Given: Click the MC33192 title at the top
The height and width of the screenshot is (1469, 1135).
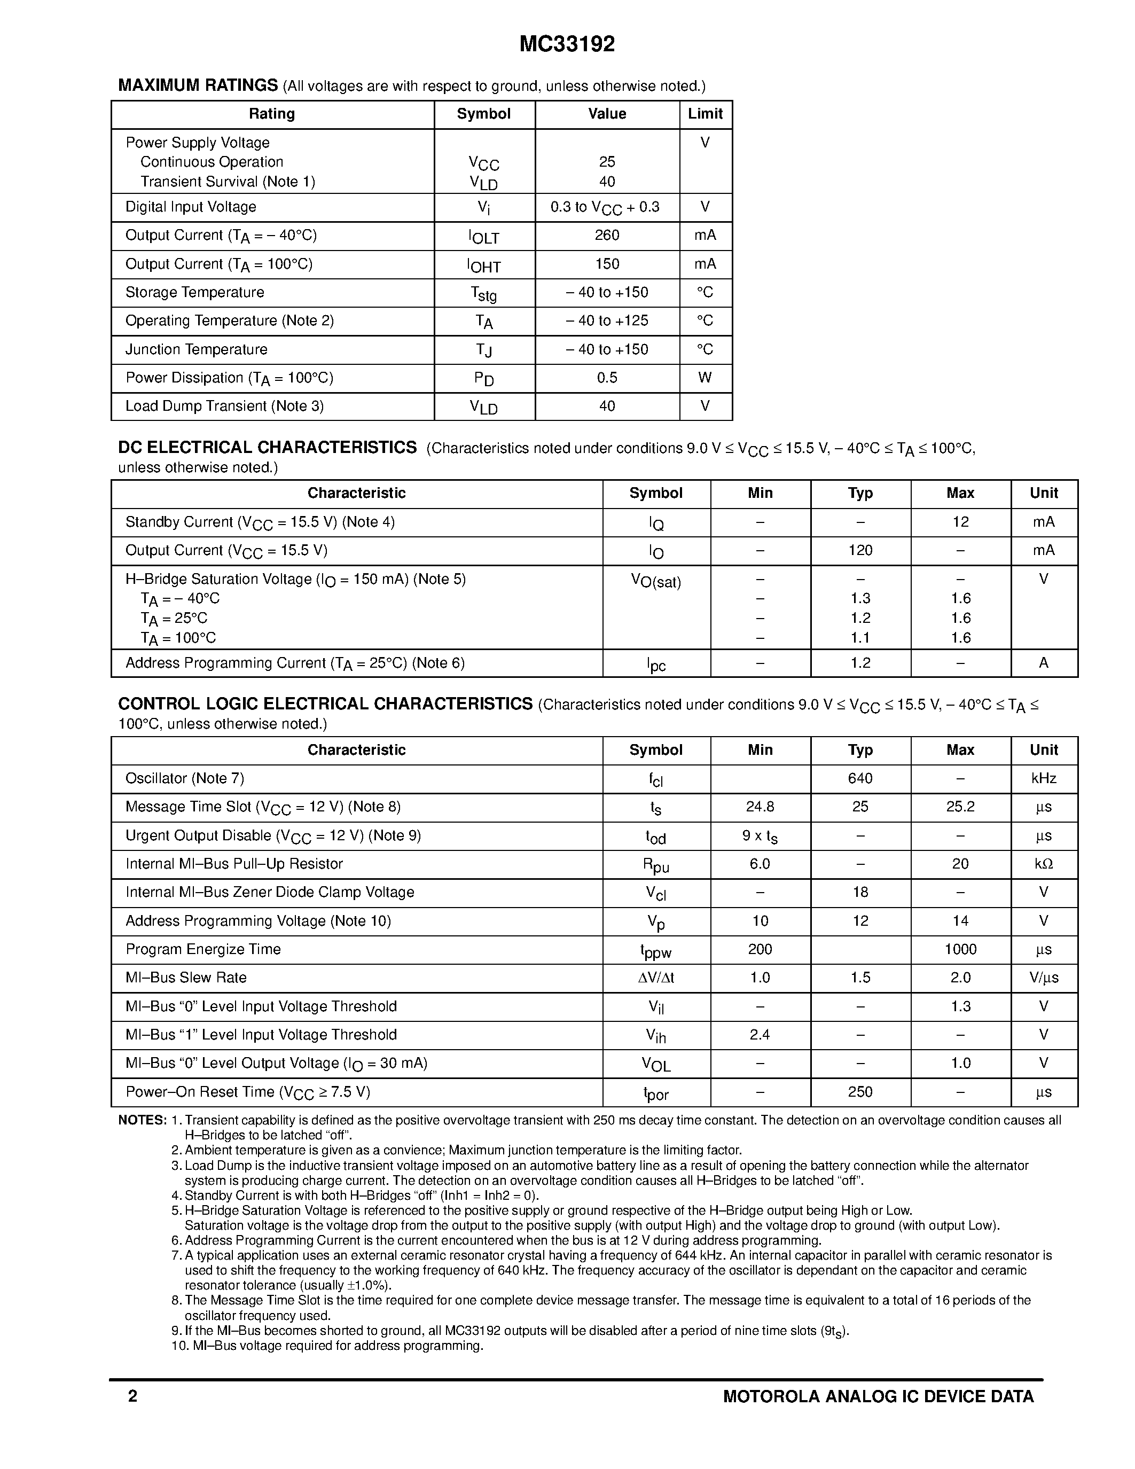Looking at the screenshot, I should click(567, 44).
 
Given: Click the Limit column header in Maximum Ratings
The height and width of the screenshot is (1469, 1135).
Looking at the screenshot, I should click(705, 114).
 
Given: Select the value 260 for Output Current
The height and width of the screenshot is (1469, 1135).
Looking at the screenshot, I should click(607, 236).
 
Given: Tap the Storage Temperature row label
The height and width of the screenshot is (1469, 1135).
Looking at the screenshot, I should click(194, 293).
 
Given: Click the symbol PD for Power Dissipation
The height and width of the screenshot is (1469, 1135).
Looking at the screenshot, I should click(483, 379).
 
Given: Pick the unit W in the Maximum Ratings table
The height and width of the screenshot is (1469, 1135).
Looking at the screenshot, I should click(705, 378).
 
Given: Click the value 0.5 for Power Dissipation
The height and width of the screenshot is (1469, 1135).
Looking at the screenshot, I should click(607, 378).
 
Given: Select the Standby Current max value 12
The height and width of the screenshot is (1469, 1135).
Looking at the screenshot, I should click(960, 522).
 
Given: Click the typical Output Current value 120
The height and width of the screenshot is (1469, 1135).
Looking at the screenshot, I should click(860, 551).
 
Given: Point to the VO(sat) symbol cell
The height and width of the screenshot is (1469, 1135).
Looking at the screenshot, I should click(655, 581).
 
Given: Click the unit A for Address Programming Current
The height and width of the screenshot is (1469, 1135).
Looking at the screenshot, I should click(1044, 663).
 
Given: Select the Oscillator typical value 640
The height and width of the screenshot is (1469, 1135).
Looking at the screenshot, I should click(860, 779).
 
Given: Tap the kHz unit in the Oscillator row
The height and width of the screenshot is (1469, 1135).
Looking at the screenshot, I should click(1044, 779).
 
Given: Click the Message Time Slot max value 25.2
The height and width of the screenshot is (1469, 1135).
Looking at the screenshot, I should click(960, 807).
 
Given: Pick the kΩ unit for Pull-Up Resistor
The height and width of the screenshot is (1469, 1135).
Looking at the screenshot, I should click(1044, 864).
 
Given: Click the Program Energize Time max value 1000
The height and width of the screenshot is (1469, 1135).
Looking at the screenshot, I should click(960, 950).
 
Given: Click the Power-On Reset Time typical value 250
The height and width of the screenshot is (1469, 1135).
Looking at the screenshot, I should click(860, 1092).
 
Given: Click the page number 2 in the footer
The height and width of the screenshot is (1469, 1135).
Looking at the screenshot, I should click(132, 1396).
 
